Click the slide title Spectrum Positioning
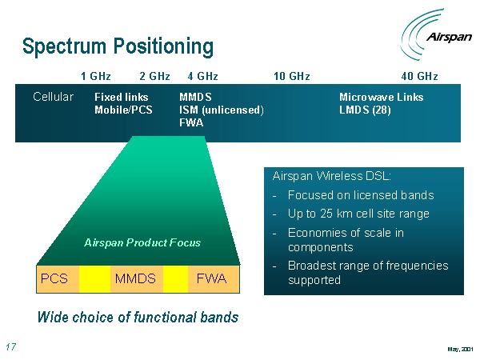tap(118, 46)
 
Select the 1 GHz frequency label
tap(96, 77)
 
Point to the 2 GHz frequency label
tap(154, 77)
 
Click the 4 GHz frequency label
tap(202, 77)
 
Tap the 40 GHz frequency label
tap(419, 77)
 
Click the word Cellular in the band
tap(53, 97)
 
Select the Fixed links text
tap(121, 98)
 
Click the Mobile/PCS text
tap(123, 110)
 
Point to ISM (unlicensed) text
tap(222, 110)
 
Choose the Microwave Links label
tap(382, 98)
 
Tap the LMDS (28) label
tap(366, 110)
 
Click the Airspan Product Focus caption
tap(142, 242)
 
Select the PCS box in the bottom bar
tap(54, 278)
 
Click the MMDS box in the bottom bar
tap(135, 278)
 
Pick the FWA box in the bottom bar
tap(211, 278)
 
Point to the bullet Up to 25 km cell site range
tap(358, 214)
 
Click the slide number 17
tap(11, 347)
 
